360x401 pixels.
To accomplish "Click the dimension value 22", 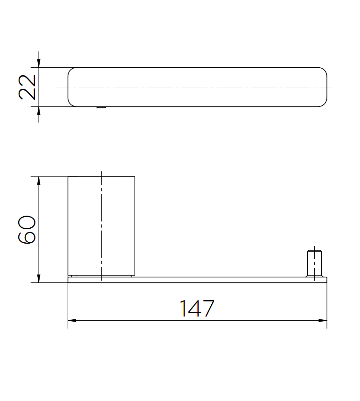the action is [27, 87].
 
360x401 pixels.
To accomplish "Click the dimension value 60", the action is [27, 230].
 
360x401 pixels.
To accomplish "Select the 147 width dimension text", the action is [197, 309].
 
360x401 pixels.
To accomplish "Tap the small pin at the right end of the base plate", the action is [314, 264].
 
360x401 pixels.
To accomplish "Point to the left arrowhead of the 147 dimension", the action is [72, 320].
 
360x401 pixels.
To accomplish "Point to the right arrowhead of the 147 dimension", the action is [323, 320].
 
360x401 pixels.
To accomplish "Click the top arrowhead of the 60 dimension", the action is [39, 181].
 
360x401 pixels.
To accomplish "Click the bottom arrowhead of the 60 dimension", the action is [39, 278].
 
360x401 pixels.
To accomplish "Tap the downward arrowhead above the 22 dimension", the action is [39, 63].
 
